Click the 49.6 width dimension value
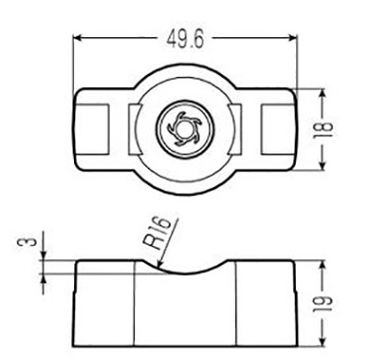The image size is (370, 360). pyautogui.click(x=185, y=40)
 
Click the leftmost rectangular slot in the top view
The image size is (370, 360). pyautogui.click(x=92, y=130)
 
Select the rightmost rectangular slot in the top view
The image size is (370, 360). pyautogui.click(x=277, y=130)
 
